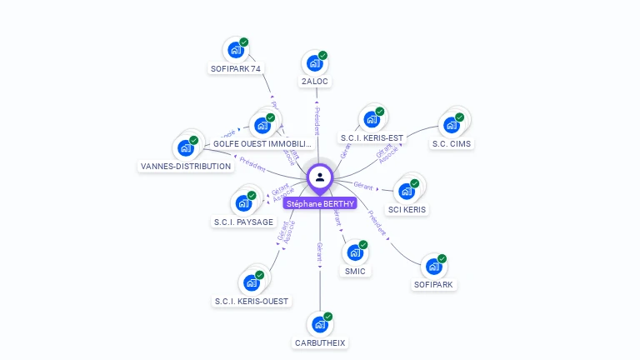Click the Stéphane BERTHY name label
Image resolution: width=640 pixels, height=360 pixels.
tap(320, 203)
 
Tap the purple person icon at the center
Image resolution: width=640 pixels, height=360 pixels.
tap(320, 177)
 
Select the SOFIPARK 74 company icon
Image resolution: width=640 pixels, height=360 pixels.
tap(235, 50)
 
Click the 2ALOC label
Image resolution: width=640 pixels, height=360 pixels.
tap(315, 82)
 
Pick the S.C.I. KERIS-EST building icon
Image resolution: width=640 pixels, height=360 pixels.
tap(371, 119)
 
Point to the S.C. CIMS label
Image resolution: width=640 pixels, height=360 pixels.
tap(451, 143)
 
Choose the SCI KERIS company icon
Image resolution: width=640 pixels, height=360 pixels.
tap(407, 191)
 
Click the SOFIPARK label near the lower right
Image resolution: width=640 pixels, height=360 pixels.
tap(434, 284)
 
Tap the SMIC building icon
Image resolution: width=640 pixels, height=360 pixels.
tap(355, 252)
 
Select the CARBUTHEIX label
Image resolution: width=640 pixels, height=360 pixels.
tap(320, 342)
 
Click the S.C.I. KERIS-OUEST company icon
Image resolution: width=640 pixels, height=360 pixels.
tap(250, 282)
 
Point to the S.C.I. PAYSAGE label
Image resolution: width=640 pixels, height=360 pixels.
tap(242, 222)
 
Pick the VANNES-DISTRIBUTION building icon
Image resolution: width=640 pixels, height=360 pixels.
tap(185, 147)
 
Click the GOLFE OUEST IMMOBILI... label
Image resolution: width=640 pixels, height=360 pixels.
tap(262, 144)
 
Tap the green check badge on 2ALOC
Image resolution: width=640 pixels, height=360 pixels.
tap(322, 56)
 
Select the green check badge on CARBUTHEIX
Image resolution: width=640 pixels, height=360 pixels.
tap(328, 317)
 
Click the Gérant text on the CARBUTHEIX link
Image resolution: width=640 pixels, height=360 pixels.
tap(319, 252)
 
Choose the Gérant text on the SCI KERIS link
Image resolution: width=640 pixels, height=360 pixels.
tap(362, 185)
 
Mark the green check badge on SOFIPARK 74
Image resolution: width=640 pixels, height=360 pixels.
tap(244, 42)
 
